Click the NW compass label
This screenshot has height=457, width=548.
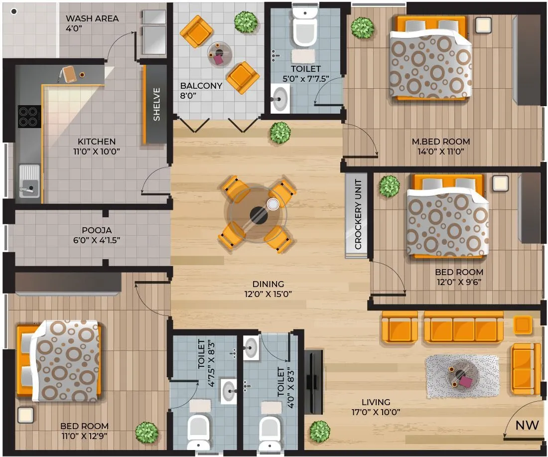pyautogui.click(x=527, y=425)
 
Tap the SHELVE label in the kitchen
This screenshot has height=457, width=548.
pyautogui.click(x=156, y=104)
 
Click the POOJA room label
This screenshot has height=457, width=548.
pyautogui.click(x=97, y=230)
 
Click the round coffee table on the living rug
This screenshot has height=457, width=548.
pyautogui.click(x=462, y=376)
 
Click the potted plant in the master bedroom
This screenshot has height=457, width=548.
pyautogui.click(x=362, y=28)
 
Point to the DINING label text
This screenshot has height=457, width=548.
pyautogui.click(x=268, y=284)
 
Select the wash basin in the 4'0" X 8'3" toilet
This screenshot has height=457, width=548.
pyautogui.click(x=252, y=347)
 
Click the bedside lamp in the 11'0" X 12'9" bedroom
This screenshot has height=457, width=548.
pyautogui.click(x=25, y=415)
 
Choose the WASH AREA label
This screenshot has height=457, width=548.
pyautogui.click(x=92, y=18)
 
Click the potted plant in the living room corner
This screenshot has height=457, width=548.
pyautogui.click(x=319, y=431)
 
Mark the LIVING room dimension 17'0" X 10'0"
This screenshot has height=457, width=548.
pyautogui.click(x=376, y=412)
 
